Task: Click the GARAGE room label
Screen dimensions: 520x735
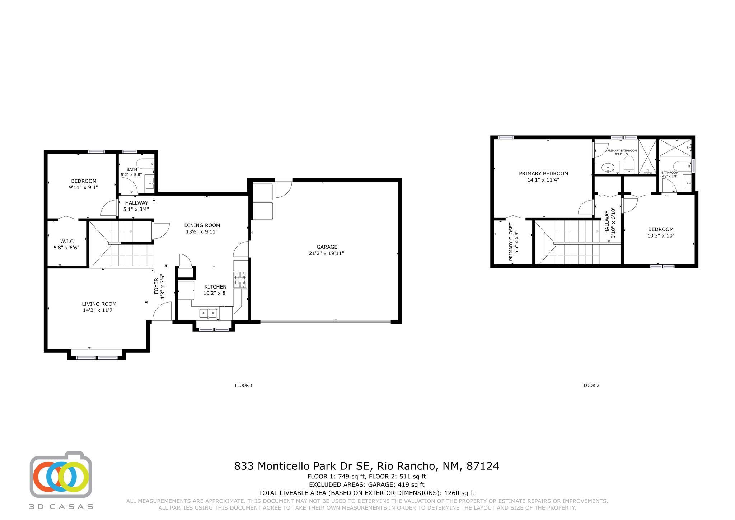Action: [x=327, y=247]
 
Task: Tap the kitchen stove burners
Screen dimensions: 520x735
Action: [x=240, y=280]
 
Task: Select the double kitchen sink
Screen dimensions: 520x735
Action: [x=209, y=314]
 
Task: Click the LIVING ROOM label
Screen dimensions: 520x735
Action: [x=99, y=304]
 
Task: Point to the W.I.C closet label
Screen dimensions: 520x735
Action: [x=66, y=242]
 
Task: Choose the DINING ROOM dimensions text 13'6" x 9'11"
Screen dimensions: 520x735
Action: [x=202, y=232]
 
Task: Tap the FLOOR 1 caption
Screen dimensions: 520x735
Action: [x=244, y=385]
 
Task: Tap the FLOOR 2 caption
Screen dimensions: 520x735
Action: [x=590, y=385]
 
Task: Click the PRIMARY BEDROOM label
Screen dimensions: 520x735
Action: [x=543, y=174]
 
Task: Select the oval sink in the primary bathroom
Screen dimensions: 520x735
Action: [x=608, y=167]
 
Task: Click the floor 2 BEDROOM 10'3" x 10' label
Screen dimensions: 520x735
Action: [x=660, y=229]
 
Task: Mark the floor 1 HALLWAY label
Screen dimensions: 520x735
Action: [x=136, y=203]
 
